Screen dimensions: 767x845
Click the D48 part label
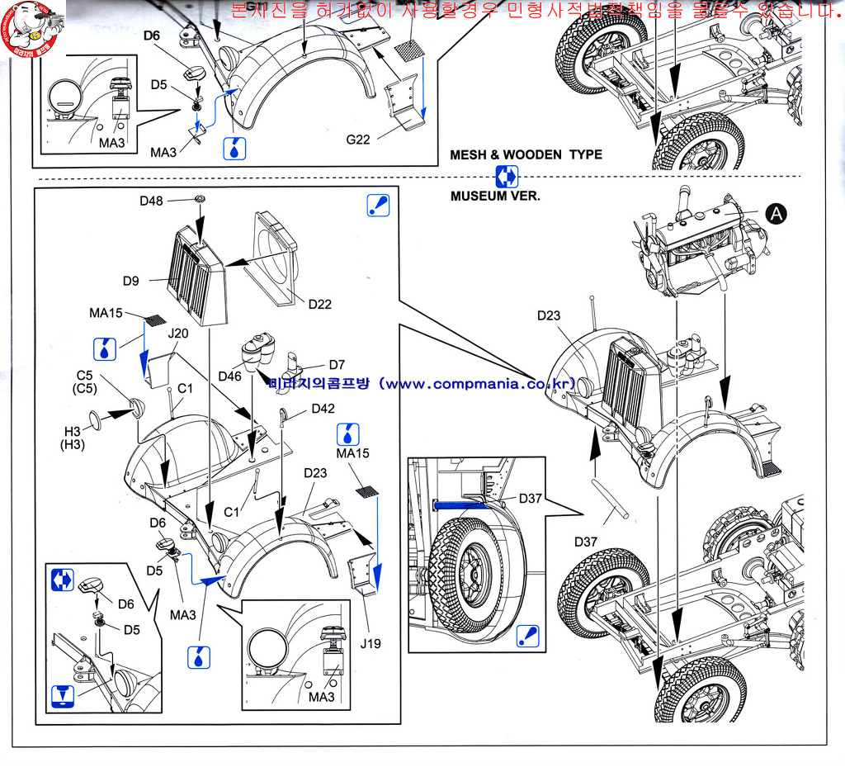click(x=151, y=201)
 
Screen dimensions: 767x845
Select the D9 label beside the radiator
click(x=130, y=281)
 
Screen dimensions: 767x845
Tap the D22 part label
click(x=320, y=304)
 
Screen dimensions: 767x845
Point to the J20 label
click(x=178, y=334)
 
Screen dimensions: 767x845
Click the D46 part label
click(x=229, y=376)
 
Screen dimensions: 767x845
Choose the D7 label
click(x=337, y=364)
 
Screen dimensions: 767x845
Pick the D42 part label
click(x=323, y=408)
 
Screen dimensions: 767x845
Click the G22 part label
click(x=358, y=139)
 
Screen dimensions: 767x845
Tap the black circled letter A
click(x=777, y=214)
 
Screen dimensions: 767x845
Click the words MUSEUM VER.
click(x=495, y=196)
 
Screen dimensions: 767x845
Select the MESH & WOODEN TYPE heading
click(x=526, y=154)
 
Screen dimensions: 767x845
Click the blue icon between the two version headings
click(x=507, y=176)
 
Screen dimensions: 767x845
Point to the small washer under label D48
click(x=200, y=201)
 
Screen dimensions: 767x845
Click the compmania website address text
click(x=421, y=384)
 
